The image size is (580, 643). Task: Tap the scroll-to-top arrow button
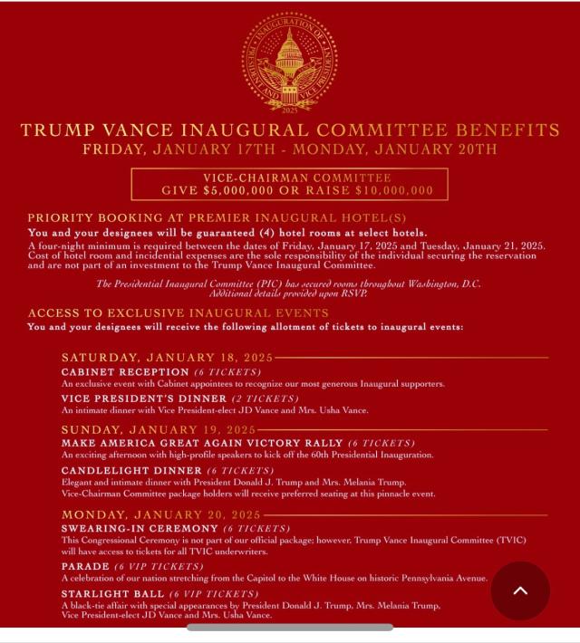[520, 590]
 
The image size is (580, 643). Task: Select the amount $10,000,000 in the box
[384, 191]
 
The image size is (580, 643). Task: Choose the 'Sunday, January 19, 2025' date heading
[159, 429]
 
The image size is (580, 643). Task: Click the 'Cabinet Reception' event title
[125, 371]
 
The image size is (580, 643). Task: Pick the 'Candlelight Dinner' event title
[131, 471]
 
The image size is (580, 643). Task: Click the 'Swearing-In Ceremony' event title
[140, 528]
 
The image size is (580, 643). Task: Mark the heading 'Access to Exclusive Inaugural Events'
[178, 313]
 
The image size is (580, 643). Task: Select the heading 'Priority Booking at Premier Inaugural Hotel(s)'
[217, 218]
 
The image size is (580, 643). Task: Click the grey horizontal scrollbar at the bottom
[290, 627]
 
